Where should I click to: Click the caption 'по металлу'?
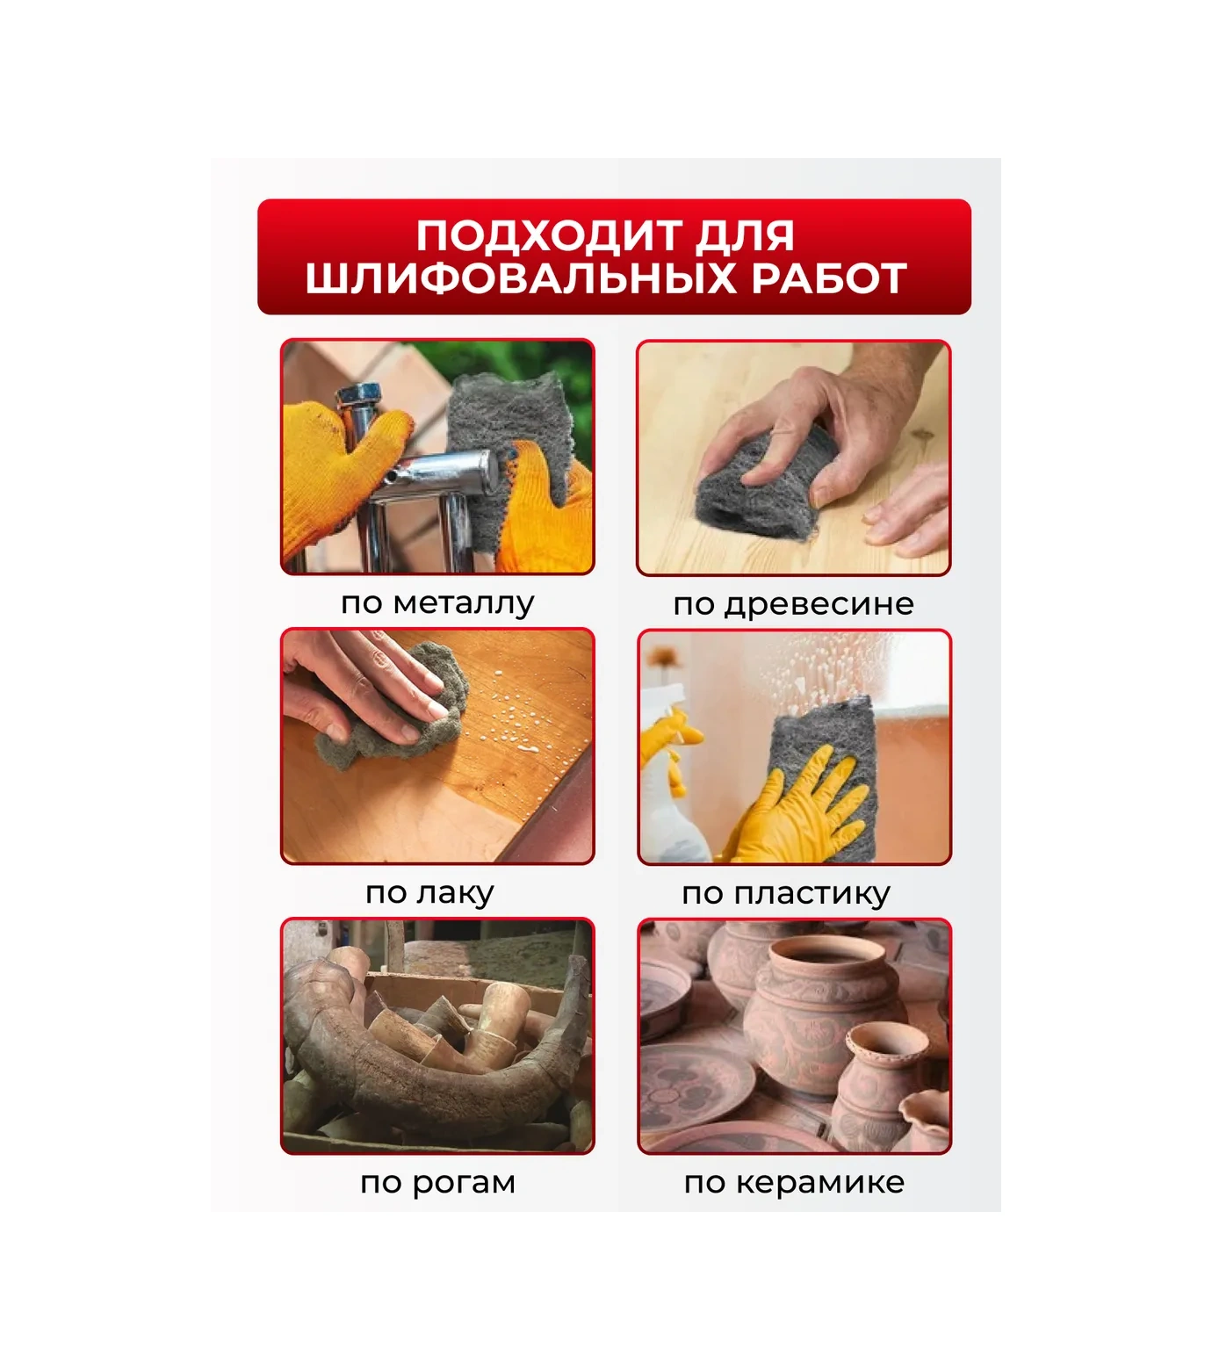437,603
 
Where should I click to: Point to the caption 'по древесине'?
793,604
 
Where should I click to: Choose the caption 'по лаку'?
429,893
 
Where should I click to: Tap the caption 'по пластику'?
786,894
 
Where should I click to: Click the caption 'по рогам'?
437,1183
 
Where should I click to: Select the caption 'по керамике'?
794,1183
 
